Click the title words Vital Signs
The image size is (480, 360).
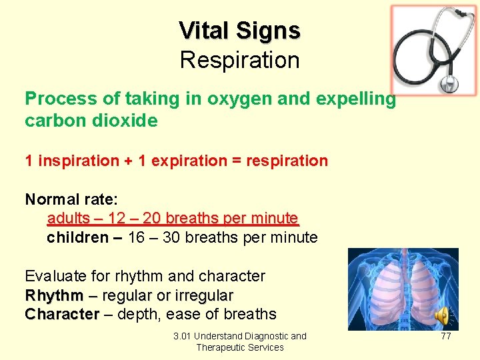point(239,30)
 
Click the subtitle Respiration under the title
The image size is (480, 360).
point(239,60)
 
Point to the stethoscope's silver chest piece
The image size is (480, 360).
point(449,83)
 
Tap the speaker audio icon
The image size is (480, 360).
point(442,316)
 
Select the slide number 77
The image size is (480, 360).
point(446,336)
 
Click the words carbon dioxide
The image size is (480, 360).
point(91,121)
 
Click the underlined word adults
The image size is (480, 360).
point(68,218)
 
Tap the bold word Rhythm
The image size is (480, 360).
point(54,295)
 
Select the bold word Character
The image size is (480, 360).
point(62,314)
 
